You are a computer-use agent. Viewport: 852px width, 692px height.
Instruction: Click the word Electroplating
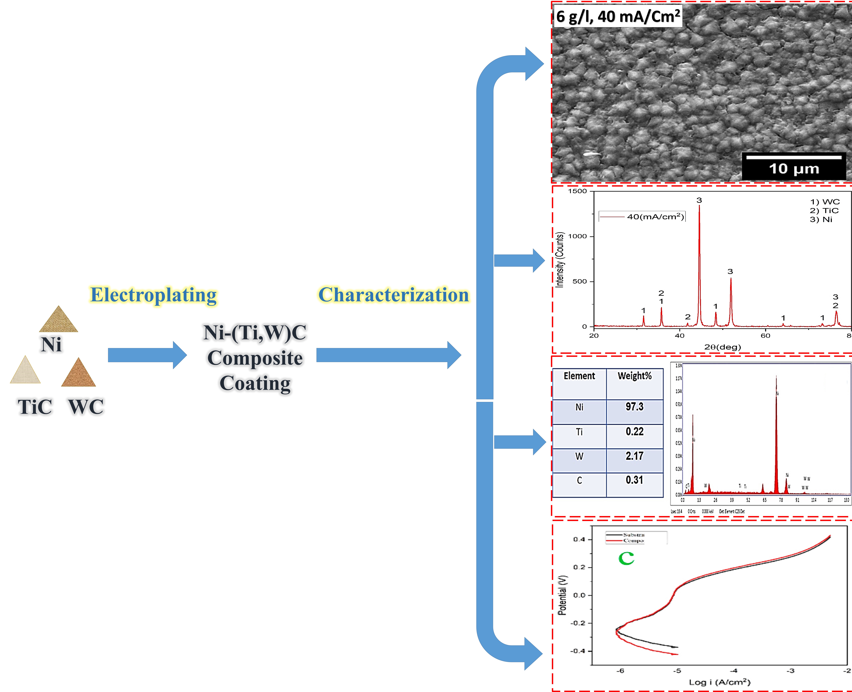pos(154,295)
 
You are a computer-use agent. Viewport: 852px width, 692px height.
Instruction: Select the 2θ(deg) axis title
pos(723,347)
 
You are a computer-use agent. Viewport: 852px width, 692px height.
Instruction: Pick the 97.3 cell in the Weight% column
pos(634,407)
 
